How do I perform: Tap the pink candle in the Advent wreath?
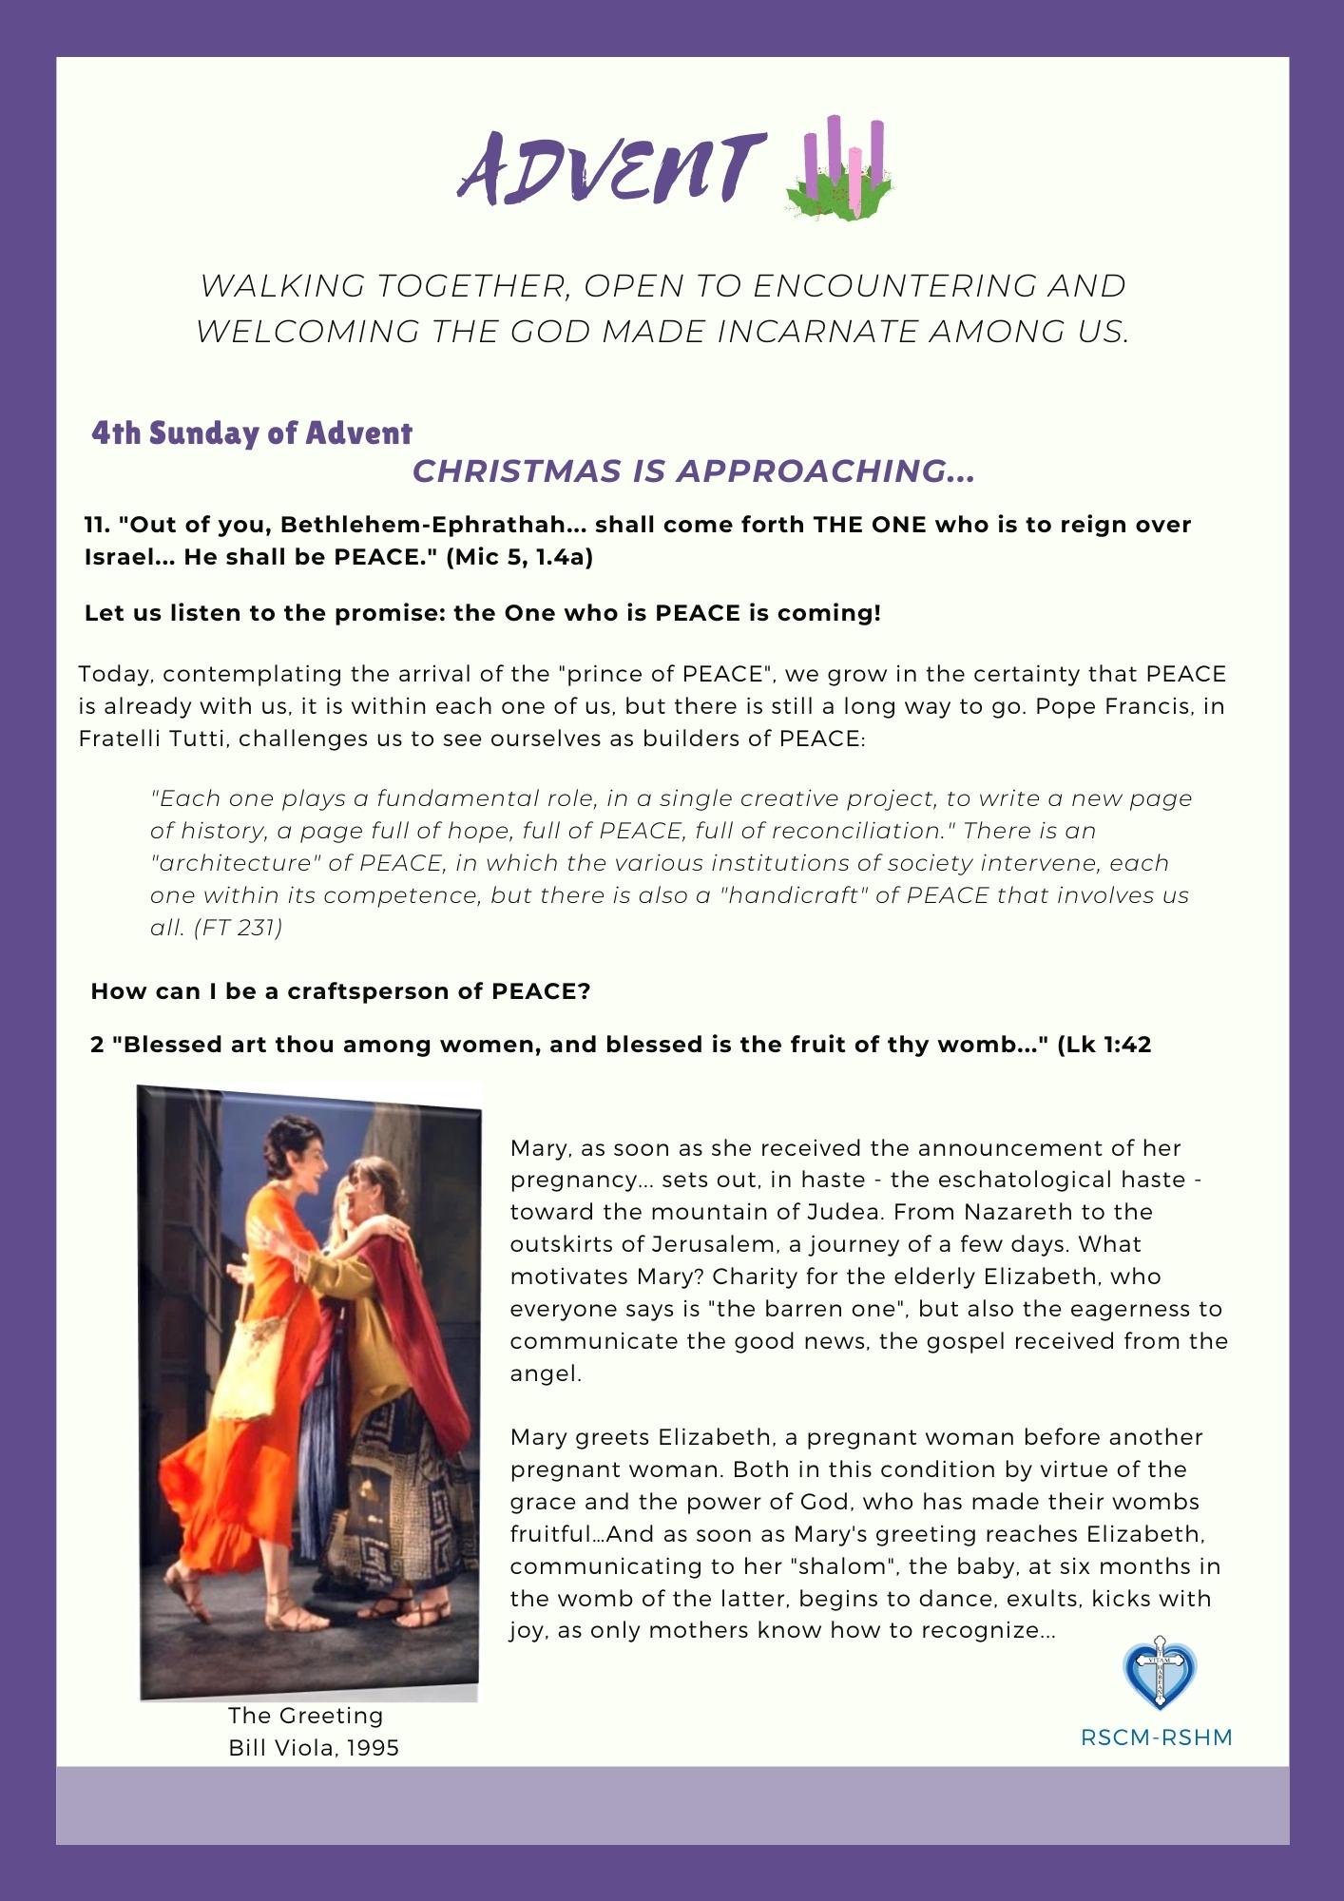855,181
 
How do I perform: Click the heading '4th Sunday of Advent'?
252,433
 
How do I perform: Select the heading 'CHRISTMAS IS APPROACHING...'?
693,471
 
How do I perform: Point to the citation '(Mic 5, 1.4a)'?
520,557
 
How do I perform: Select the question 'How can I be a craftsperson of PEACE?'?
341,991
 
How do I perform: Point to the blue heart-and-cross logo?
1159,1676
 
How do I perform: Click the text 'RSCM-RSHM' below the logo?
1157,1738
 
